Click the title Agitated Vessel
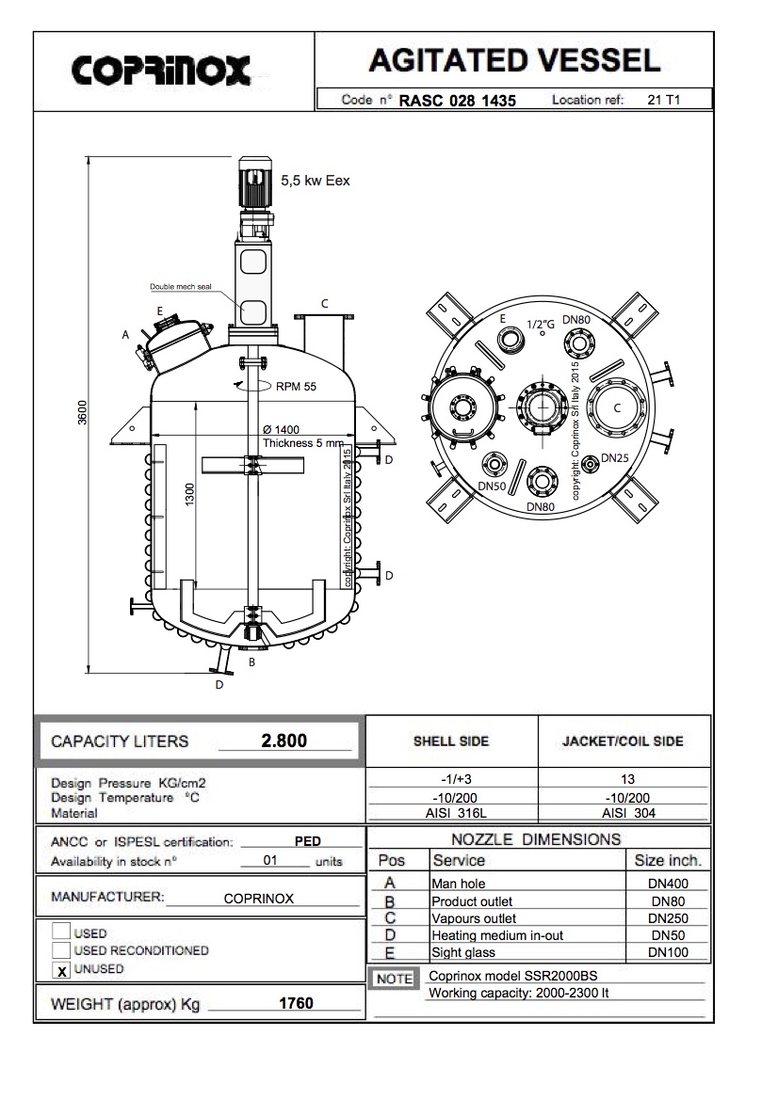click(x=513, y=62)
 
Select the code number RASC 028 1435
click(x=458, y=101)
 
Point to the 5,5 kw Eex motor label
click(x=315, y=181)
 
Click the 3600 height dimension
click(x=83, y=413)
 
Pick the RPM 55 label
click(x=296, y=386)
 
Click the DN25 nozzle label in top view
click(x=614, y=458)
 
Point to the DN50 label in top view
click(x=492, y=486)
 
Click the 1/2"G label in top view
click(x=541, y=325)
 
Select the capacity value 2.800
click(x=284, y=741)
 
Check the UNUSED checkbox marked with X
click(x=61, y=969)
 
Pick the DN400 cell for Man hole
click(x=670, y=884)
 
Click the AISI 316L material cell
click(x=451, y=813)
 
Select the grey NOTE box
click(x=395, y=979)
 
